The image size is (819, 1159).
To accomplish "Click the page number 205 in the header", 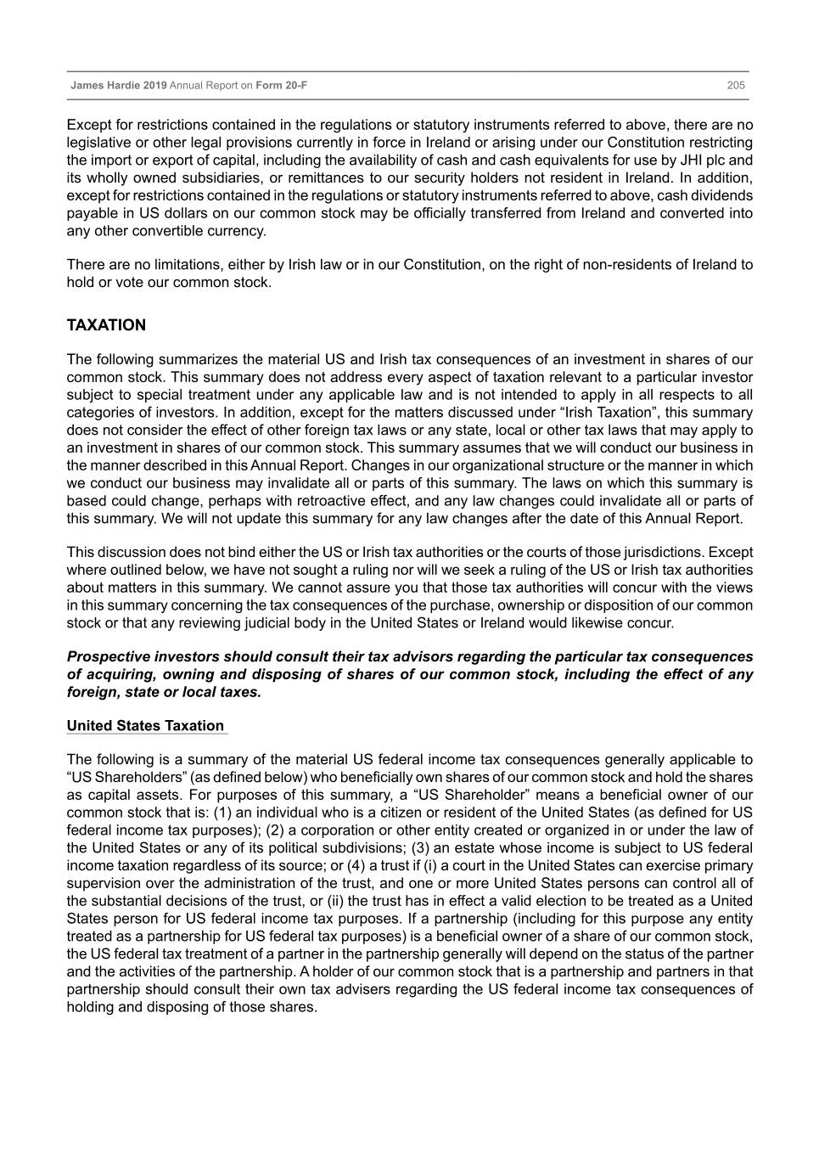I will pyautogui.click(x=736, y=86).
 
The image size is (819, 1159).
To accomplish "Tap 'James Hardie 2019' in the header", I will pyautogui.click(x=119, y=86).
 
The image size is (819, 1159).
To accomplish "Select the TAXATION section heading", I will pyautogui.click(x=106, y=325).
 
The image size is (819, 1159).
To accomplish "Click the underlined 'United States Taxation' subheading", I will pyautogui.click(x=145, y=726).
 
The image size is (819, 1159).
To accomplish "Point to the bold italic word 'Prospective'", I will pyautogui.click(x=109, y=657).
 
